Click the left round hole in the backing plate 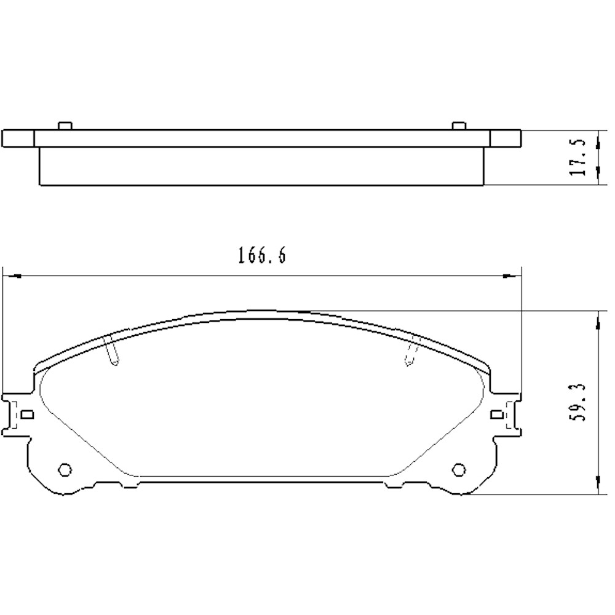pos(64,470)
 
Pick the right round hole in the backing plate pos(458,470)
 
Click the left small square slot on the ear pos(26,415)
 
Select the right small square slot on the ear pos(496,415)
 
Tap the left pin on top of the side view pos(65,125)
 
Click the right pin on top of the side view pos(458,125)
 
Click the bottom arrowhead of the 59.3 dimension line pos(598,486)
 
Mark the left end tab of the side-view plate pos(18,138)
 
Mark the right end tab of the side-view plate pos(506,138)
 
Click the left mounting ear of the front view pos(17,415)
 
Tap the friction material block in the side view pos(261,166)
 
